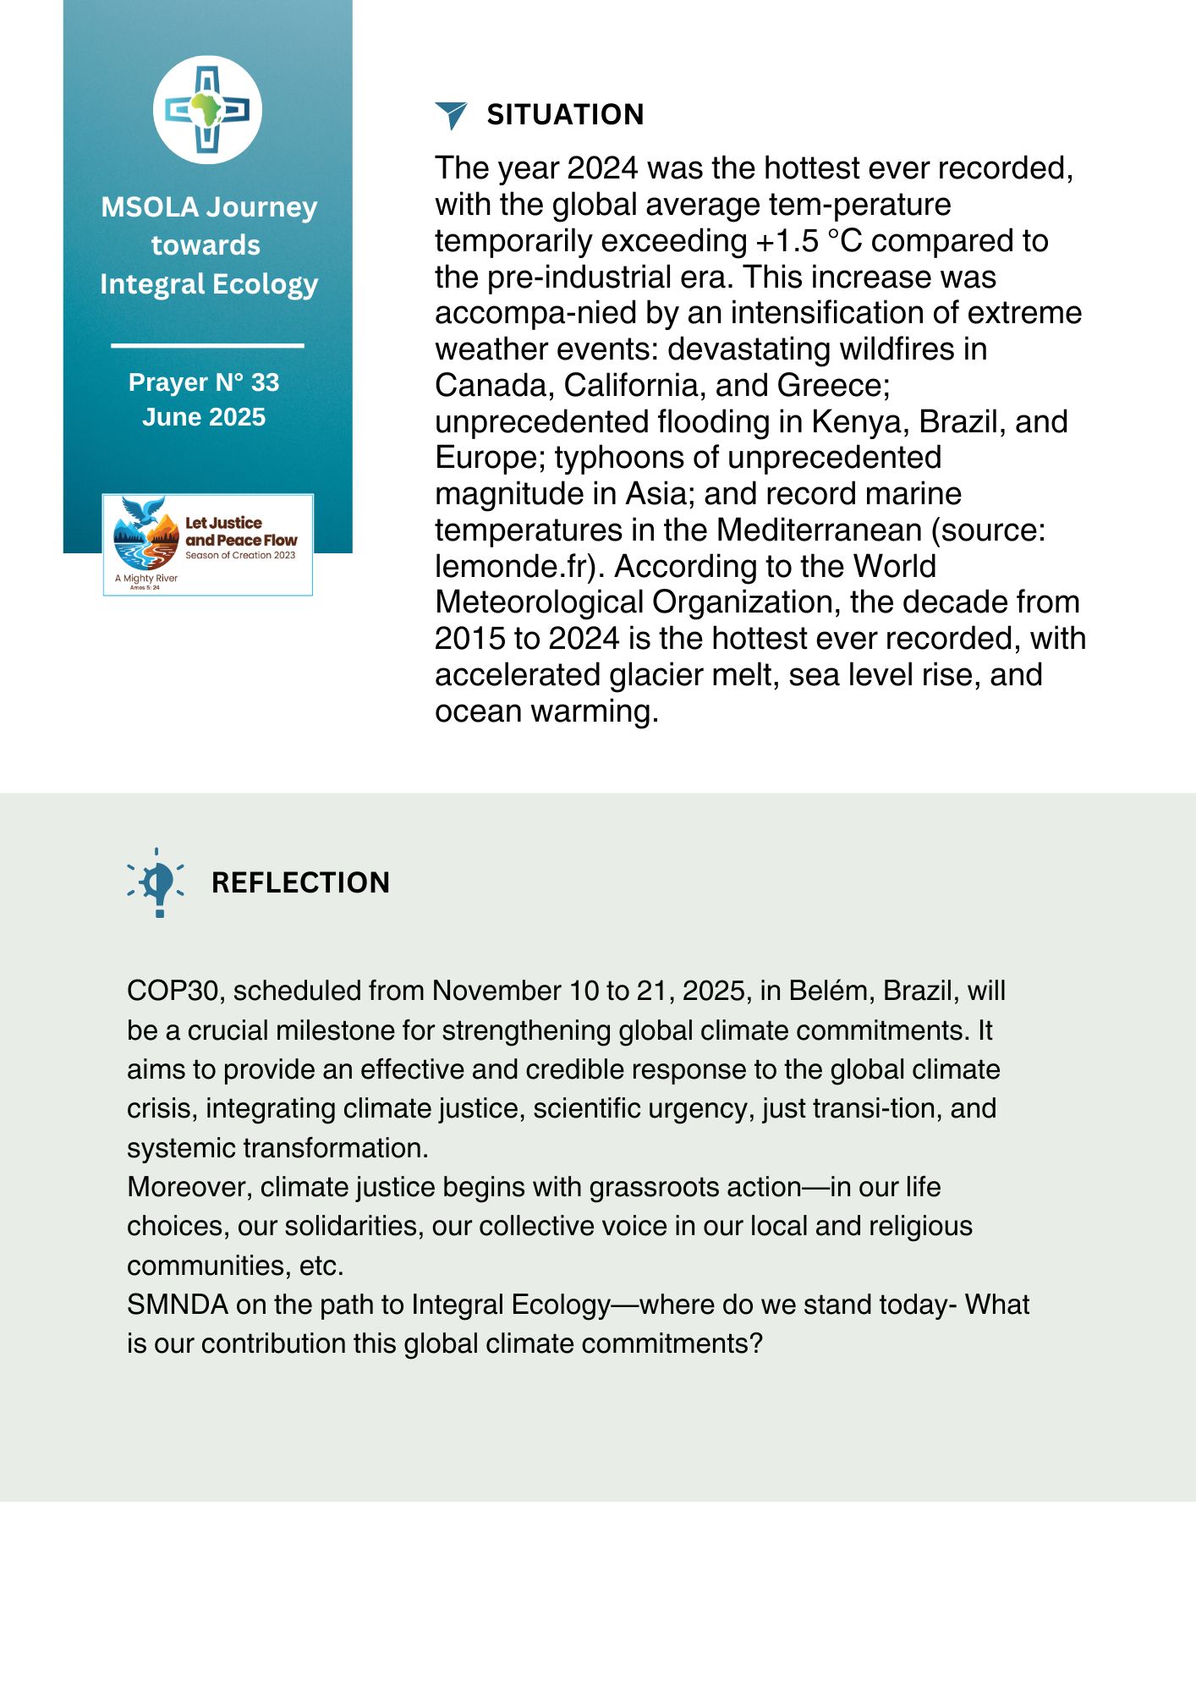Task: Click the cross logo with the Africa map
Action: pos(207,110)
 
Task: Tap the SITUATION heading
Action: pos(565,115)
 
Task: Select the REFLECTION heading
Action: pos(300,883)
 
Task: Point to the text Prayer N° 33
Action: pos(204,382)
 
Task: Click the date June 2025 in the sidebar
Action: pos(204,417)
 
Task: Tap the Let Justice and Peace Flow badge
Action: pos(208,545)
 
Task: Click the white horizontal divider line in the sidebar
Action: pos(207,345)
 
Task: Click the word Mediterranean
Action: pos(819,530)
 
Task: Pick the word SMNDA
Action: pos(178,1305)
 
